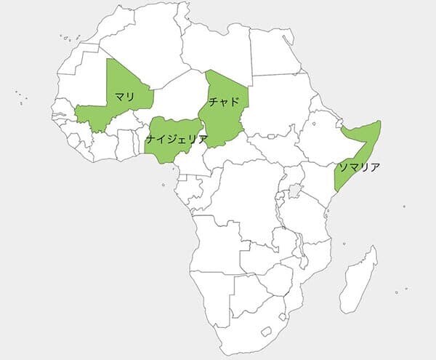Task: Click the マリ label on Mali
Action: point(124,96)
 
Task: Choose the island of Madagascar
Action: point(359,280)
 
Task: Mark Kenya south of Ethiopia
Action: point(316,182)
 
